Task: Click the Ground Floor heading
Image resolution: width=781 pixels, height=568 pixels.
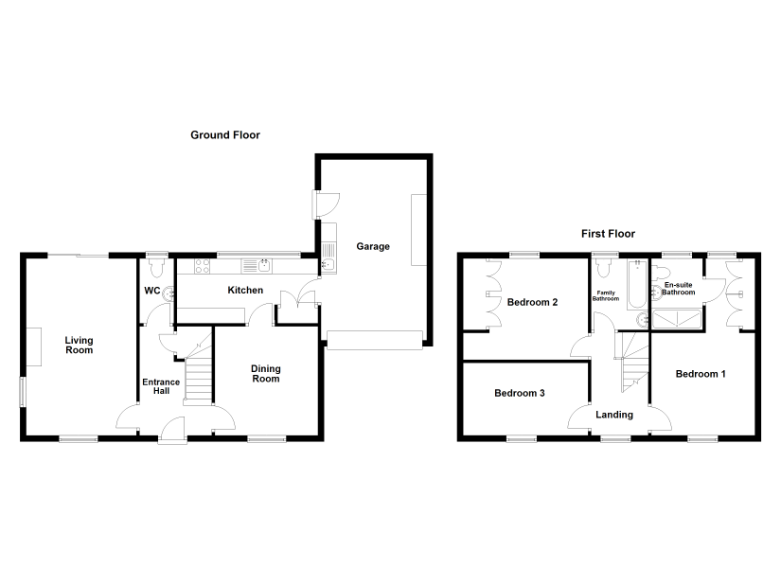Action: tap(225, 135)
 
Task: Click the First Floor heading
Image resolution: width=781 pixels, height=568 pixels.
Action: tap(608, 234)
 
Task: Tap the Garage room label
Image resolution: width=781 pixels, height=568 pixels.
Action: tap(373, 247)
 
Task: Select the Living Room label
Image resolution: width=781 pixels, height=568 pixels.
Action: tap(80, 345)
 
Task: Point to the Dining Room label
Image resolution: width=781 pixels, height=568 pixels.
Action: tap(265, 374)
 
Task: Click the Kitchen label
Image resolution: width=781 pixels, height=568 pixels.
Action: tap(245, 290)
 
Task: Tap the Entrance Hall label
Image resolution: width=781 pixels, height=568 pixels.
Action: tap(161, 386)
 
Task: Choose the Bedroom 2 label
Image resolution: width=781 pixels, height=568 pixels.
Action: tap(532, 302)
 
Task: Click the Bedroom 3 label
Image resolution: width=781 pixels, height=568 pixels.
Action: tap(520, 393)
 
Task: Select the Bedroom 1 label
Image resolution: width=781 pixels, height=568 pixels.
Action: tap(701, 374)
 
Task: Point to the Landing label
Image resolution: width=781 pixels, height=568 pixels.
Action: tap(614, 415)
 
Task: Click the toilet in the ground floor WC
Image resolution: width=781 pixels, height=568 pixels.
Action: tap(156, 268)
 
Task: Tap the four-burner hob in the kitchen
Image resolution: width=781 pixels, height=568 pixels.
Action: tap(203, 266)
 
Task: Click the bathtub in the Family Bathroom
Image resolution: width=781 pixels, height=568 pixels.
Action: tap(637, 285)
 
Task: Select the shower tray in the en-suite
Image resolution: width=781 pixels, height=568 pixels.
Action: tap(677, 319)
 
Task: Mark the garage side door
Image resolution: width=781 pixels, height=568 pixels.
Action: tap(327, 204)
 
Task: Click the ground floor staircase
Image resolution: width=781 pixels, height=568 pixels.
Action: tap(198, 367)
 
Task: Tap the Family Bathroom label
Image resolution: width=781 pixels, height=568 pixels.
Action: tap(606, 296)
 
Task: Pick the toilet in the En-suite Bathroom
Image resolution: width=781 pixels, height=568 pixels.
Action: tap(661, 273)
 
